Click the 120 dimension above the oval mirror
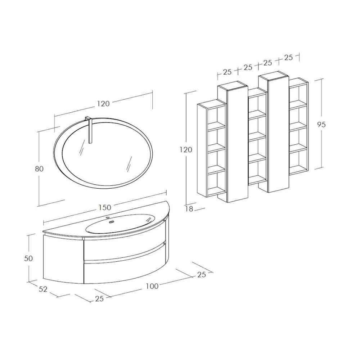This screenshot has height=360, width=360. pyautogui.click(x=103, y=104)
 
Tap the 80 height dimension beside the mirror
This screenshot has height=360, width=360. pyautogui.click(x=39, y=169)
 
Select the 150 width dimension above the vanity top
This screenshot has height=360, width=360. pyautogui.click(x=105, y=207)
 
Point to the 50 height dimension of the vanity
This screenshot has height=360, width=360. pyautogui.click(x=28, y=258)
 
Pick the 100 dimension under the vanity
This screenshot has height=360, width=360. pyautogui.click(x=152, y=286)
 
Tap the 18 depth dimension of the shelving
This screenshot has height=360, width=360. pyautogui.click(x=189, y=209)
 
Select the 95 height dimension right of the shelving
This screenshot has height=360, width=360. pyautogui.click(x=321, y=125)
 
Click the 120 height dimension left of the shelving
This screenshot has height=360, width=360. pyautogui.click(x=186, y=150)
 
